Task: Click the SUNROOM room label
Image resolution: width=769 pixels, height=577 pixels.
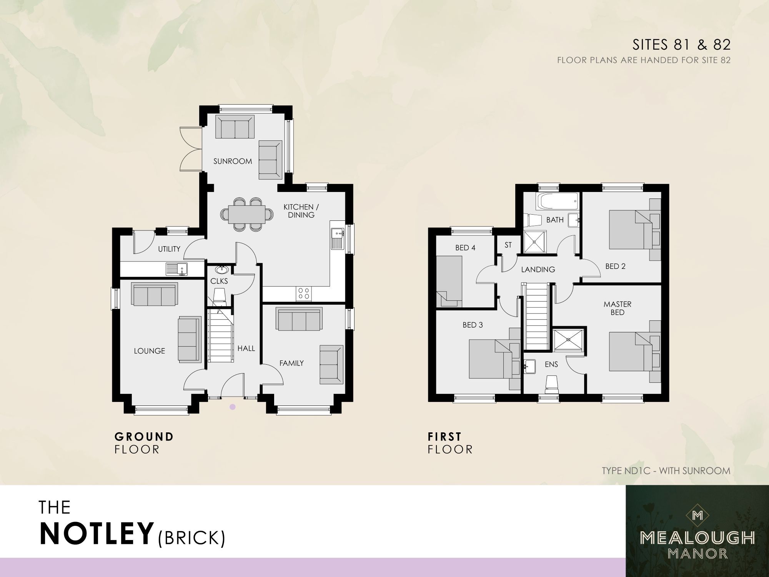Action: click(x=233, y=161)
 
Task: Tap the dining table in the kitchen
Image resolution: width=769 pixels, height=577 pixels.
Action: click(x=246, y=215)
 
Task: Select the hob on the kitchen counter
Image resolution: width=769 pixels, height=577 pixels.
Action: click(x=304, y=294)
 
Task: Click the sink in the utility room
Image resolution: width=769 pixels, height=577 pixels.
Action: click(x=176, y=268)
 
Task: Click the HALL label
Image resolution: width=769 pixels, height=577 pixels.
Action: click(x=246, y=348)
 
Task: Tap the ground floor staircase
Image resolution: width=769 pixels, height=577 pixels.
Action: click(x=221, y=337)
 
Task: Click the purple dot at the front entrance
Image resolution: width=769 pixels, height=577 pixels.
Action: click(x=232, y=407)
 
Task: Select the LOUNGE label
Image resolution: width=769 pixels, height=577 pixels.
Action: click(x=149, y=351)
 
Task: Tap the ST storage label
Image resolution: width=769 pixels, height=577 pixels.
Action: click(x=508, y=245)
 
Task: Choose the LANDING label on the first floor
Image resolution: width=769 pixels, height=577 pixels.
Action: click(x=538, y=270)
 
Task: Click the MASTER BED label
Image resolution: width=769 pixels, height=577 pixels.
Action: click(x=617, y=308)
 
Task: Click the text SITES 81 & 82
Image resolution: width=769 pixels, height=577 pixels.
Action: click(x=681, y=45)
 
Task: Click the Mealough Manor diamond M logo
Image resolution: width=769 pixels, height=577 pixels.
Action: click(x=697, y=515)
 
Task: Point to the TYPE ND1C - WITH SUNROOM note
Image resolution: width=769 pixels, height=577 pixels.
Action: click(x=666, y=470)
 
